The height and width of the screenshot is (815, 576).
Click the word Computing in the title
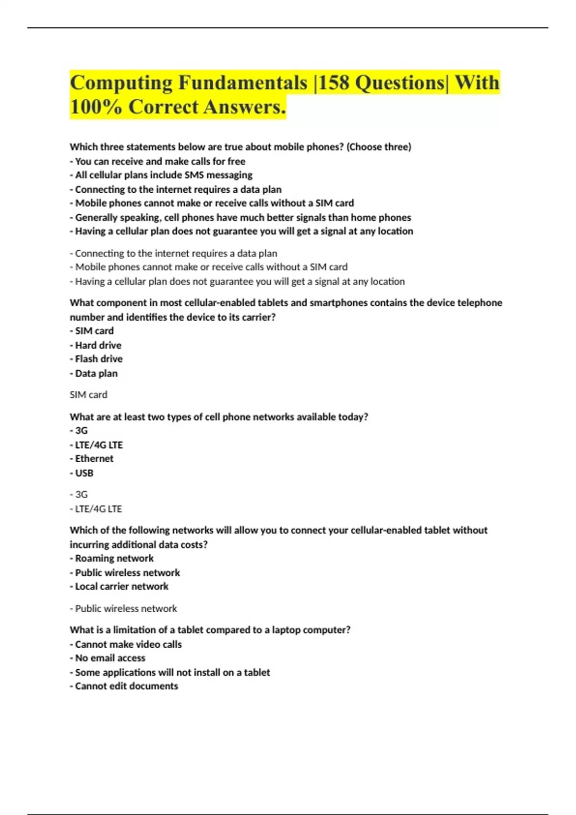click(x=121, y=82)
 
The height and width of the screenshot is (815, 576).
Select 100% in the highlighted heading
click(x=96, y=107)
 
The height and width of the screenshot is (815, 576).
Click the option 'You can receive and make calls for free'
click(x=160, y=162)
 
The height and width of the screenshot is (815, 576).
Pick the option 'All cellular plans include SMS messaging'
click(x=164, y=175)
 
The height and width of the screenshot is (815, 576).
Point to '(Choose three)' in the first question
click(x=379, y=147)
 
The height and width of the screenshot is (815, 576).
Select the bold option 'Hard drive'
click(x=98, y=345)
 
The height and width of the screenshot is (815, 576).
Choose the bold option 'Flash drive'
click(x=98, y=359)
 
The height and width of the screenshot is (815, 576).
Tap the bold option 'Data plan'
click(x=96, y=373)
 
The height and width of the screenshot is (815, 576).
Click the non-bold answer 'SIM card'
click(x=88, y=395)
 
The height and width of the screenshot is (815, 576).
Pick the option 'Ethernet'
click(x=94, y=459)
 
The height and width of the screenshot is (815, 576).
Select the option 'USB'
click(x=84, y=473)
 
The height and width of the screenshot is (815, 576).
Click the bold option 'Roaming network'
click(x=114, y=559)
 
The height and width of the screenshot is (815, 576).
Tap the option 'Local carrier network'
click(x=121, y=586)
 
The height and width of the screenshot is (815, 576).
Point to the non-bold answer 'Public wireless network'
click(x=126, y=609)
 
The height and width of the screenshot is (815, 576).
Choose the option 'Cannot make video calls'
click(x=128, y=644)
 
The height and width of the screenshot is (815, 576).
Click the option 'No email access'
click(x=110, y=658)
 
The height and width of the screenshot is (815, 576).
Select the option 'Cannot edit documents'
click(x=126, y=686)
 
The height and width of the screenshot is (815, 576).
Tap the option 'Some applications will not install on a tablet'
click(x=172, y=673)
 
